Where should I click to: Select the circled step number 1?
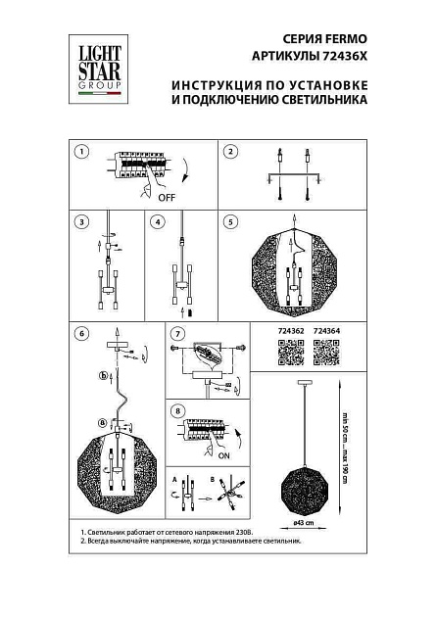pos(82,151)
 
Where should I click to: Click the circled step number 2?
pos(230,151)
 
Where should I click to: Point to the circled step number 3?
pos(82,221)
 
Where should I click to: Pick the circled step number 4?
pos(157,221)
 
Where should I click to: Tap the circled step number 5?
pos(230,221)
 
